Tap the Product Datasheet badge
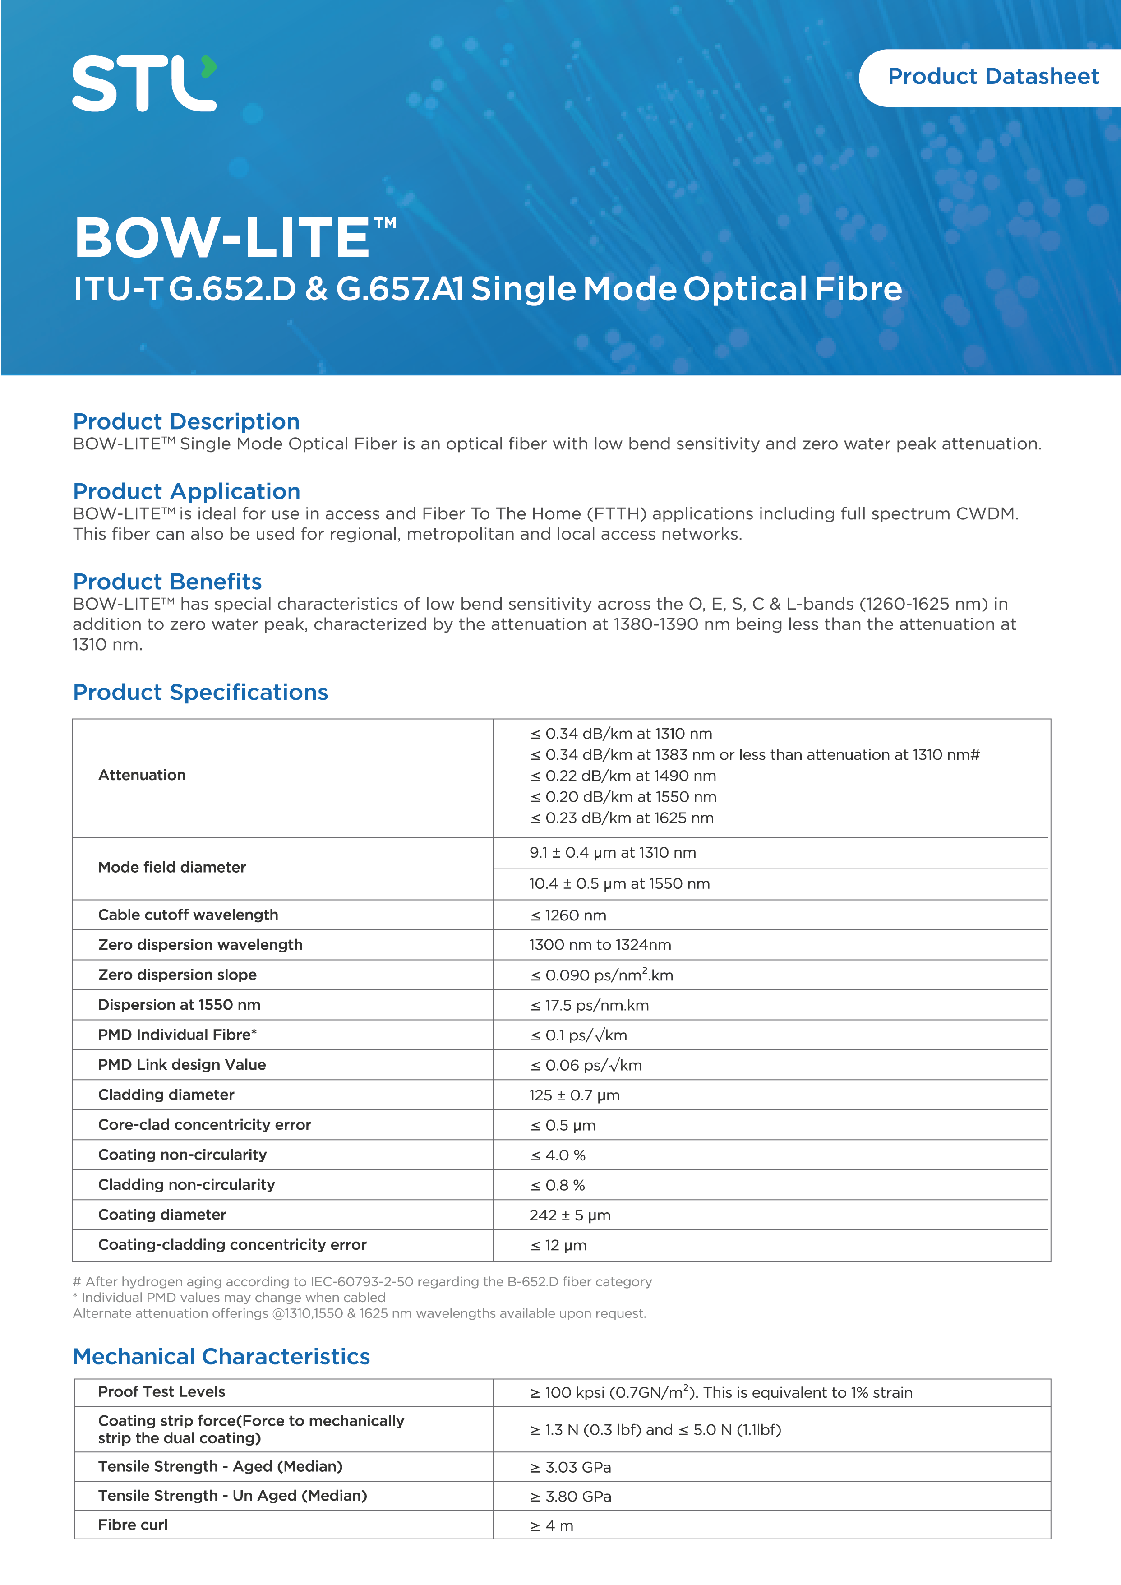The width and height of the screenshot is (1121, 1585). [x=992, y=77]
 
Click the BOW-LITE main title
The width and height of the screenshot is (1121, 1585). [x=235, y=238]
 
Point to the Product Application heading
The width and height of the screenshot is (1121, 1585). [x=186, y=491]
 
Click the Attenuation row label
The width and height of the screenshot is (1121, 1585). [x=142, y=775]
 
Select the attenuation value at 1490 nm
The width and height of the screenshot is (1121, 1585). [x=623, y=776]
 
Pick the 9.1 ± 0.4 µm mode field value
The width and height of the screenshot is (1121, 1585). [x=612, y=853]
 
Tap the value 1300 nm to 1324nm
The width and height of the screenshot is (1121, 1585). [x=600, y=945]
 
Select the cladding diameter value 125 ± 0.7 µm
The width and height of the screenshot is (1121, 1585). [x=574, y=1095]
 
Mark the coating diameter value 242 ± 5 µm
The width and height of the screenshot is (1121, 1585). [x=569, y=1215]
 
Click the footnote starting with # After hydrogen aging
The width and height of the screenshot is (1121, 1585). [x=362, y=1282]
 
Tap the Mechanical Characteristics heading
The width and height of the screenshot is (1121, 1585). [x=221, y=1357]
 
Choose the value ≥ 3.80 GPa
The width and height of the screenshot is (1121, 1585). [x=570, y=1496]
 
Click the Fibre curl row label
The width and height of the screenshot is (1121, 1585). [x=133, y=1525]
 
